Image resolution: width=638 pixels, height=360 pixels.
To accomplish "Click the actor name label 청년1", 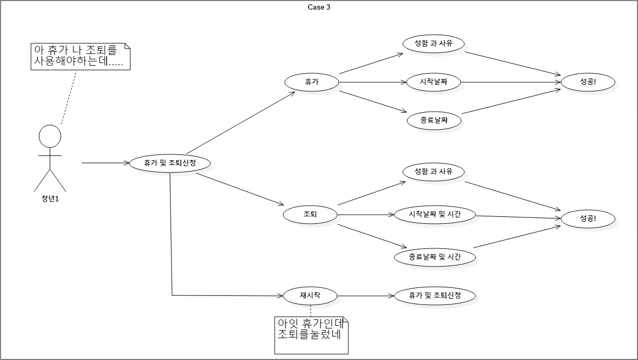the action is (x=50, y=200).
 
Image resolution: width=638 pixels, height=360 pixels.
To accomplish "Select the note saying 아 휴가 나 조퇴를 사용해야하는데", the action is (x=81, y=56).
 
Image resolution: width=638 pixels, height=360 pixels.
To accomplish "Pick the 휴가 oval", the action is (x=312, y=82).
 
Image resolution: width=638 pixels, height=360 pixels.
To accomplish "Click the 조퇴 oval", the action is (x=310, y=214).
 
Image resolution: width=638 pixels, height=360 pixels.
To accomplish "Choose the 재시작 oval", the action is (x=310, y=295).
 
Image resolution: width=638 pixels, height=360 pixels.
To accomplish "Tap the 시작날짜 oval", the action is (x=433, y=82).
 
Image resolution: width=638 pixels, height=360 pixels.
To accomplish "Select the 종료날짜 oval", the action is (x=434, y=120).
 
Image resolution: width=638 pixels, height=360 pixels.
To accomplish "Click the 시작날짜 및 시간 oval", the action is (x=435, y=215).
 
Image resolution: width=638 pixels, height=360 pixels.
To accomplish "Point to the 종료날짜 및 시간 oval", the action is (x=435, y=257).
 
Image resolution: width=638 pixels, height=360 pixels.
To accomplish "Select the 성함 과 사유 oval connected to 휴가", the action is (x=433, y=43).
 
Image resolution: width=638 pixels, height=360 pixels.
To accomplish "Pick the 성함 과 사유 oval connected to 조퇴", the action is (x=433, y=172).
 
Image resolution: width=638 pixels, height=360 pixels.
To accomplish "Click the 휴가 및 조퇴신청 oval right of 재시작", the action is (x=435, y=295).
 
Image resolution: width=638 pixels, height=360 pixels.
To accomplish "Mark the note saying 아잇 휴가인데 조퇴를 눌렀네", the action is (x=312, y=335).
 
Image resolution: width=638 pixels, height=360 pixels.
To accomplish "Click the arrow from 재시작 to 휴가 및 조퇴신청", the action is (x=365, y=295).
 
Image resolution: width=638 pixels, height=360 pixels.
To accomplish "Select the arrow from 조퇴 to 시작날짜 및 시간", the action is (x=365, y=215).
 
